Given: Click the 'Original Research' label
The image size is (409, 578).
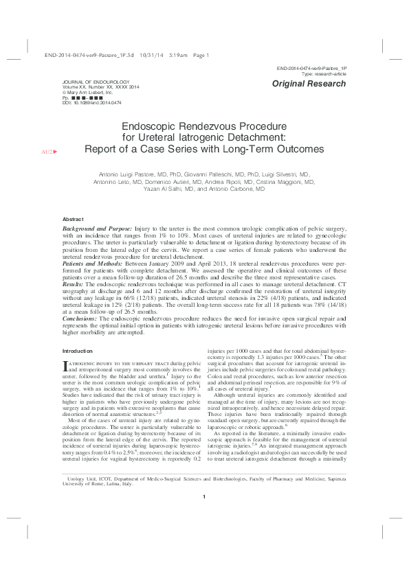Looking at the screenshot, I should click(x=309, y=84).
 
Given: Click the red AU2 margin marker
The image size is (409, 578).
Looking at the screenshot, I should click(x=50, y=150).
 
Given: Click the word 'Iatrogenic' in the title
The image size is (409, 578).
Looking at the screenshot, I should click(x=199, y=137).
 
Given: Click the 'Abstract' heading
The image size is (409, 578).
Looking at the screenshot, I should click(x=73, y=218).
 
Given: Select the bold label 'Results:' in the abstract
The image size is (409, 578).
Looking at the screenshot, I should click(x=73, y=282).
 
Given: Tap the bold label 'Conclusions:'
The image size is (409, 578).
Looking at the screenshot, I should click(x=80, y=319).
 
